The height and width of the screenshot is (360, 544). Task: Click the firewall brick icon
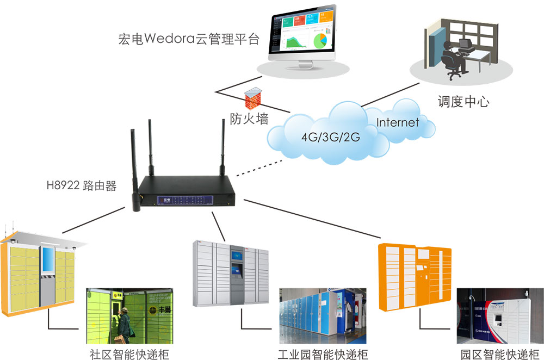point(254,99)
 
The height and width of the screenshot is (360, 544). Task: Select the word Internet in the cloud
point(398,122)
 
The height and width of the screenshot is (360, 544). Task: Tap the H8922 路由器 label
point(82,187)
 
